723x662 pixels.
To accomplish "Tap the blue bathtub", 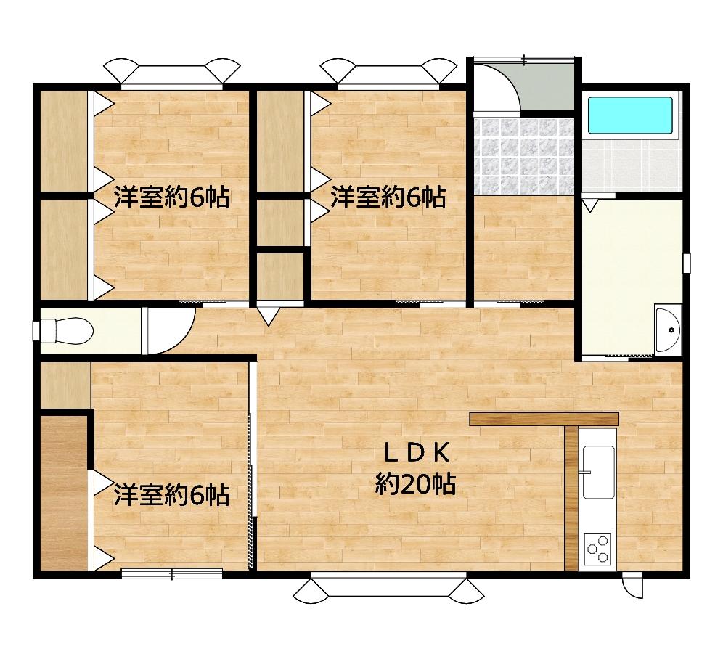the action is point(630,115).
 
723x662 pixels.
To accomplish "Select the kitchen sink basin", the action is point(599,472).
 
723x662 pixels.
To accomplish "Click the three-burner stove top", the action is point(597,549).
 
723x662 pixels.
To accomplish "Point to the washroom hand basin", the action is point(667,330).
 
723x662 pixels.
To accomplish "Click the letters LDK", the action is point(417,454).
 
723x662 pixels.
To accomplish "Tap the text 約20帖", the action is point(415,484).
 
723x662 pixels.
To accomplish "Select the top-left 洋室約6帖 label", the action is point(171,197).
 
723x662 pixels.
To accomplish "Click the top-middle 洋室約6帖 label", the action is point(388,197).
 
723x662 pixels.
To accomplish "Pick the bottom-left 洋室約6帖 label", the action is point(171,496).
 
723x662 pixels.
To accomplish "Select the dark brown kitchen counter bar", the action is point(544,419).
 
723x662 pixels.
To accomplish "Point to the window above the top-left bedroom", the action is point(171,74).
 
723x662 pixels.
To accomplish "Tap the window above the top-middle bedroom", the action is point(388,74).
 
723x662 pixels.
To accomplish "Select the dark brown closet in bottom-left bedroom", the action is point(64,494).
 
